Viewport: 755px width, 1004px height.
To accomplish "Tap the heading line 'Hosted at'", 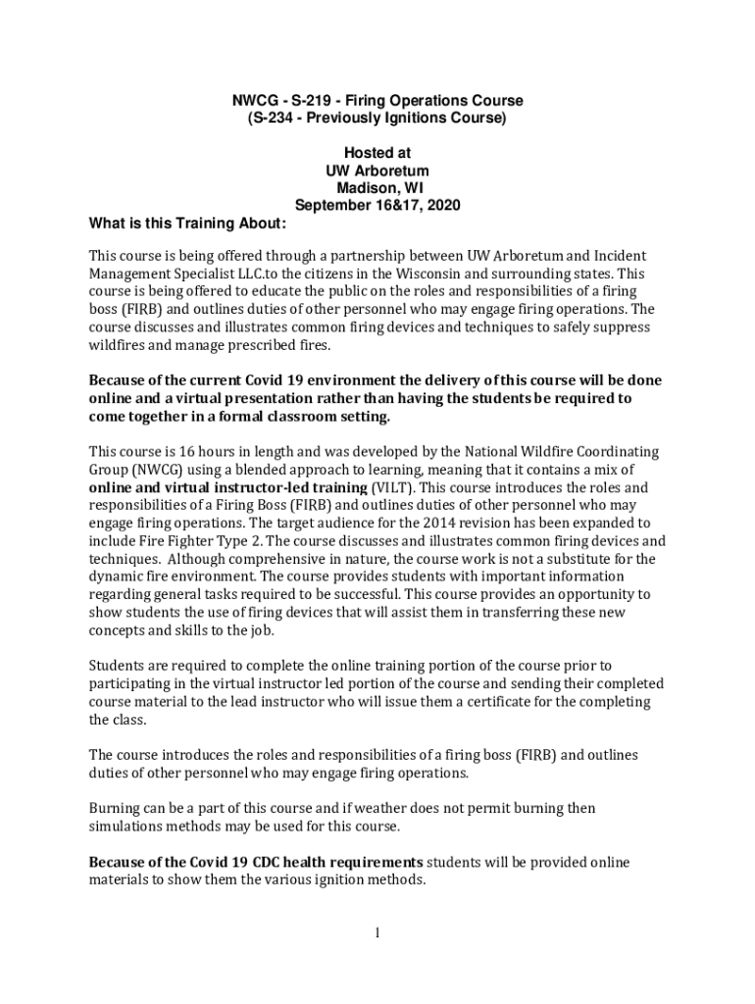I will pos(377,153).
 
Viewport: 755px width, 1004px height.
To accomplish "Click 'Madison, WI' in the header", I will pos(377,188).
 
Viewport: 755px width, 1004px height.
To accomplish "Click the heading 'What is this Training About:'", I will pos(187,224).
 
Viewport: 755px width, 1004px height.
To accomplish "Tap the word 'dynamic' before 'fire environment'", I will pos(117,575).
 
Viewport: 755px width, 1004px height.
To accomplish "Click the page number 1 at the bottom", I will pos(377,931).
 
